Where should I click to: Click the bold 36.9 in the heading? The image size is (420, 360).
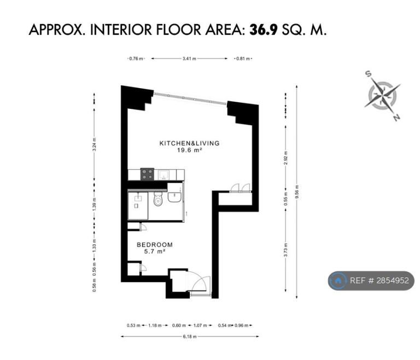264,30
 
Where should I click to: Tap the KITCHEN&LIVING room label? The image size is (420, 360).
189,143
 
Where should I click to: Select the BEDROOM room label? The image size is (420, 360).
155,245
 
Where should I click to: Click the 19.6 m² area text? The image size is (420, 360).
189,150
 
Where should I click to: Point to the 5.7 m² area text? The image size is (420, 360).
155,252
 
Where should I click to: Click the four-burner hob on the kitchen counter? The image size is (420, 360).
147,174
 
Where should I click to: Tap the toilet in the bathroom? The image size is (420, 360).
158,199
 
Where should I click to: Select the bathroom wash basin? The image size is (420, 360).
174,197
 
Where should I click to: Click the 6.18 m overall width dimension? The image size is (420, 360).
190,336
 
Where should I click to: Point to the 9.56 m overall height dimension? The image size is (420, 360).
296,192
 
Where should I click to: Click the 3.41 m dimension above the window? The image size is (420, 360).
189,59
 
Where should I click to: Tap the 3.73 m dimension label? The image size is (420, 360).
286,250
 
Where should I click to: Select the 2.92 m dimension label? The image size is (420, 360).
286,158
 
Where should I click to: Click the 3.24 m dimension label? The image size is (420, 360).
94,144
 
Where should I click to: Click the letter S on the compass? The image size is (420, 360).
369,73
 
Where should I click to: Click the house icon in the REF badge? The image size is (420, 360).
338,280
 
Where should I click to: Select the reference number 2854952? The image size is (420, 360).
393,280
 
